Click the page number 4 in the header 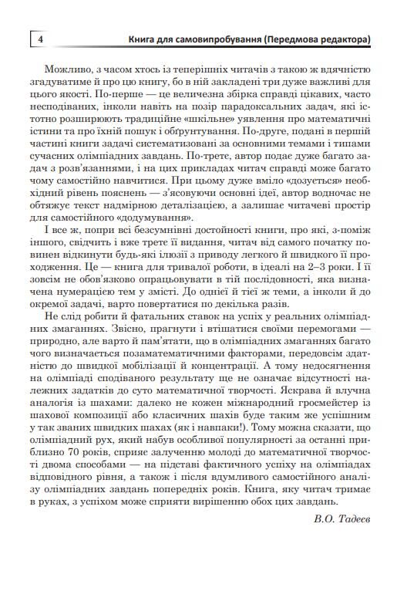tap(39, 39)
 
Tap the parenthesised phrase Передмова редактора tap(315, 39)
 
